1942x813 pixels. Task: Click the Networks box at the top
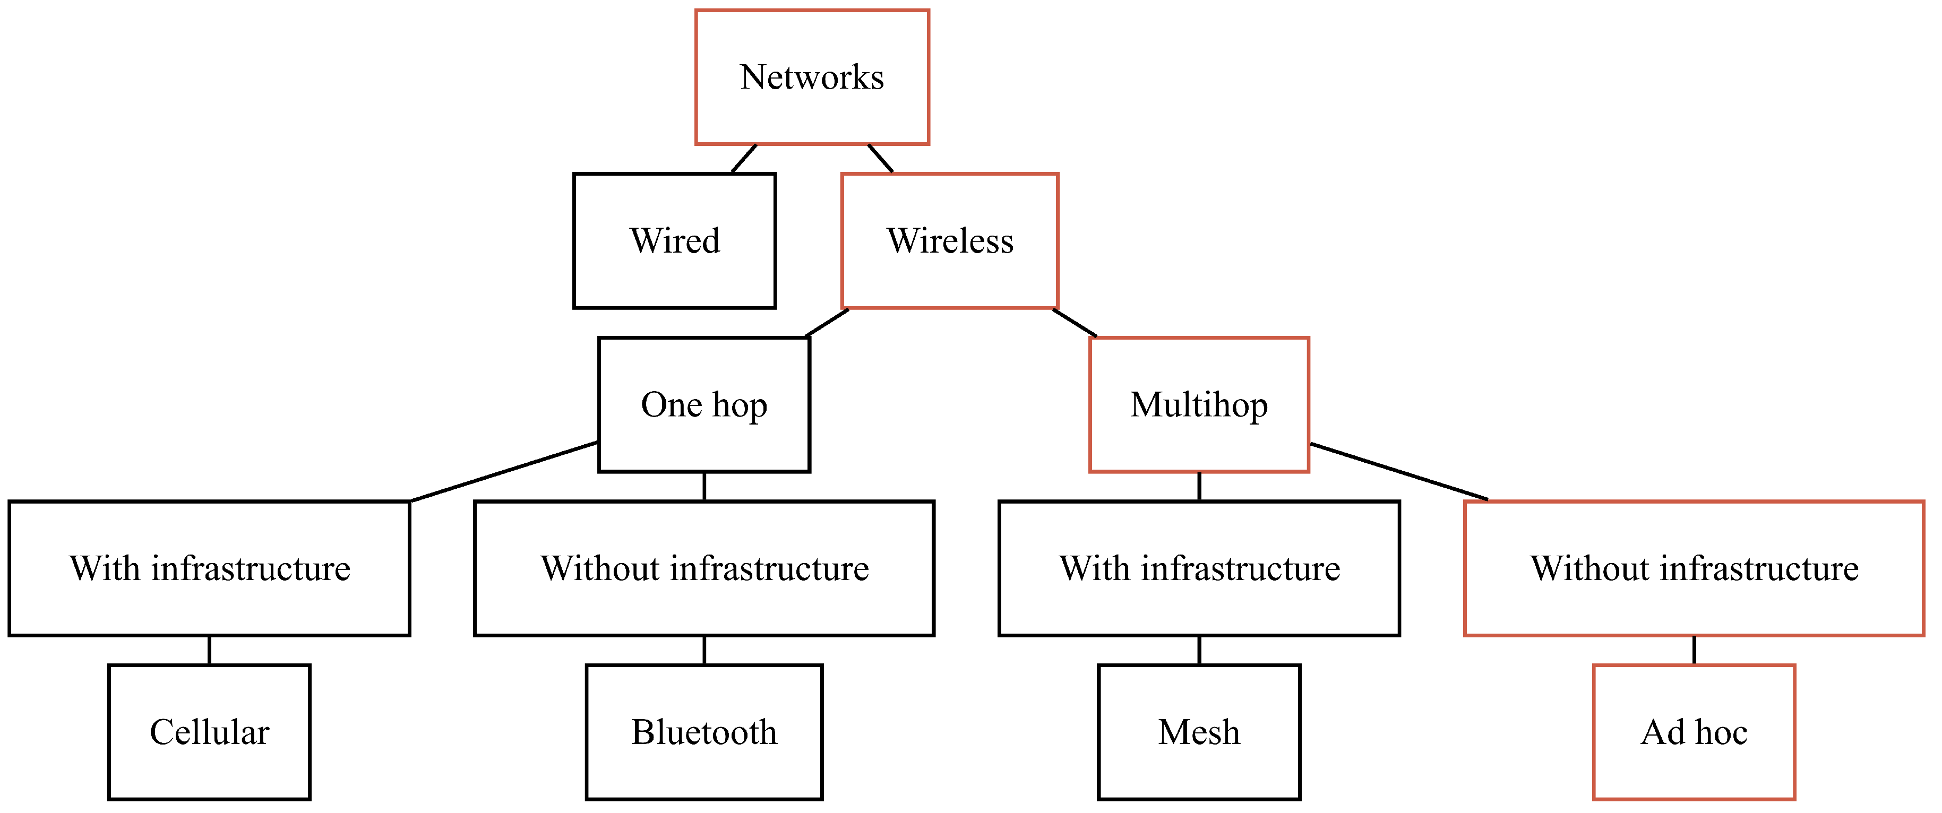[812, 77]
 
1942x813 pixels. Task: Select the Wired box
[674, 241]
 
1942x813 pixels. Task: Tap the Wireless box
[949, 241]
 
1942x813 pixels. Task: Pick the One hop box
[703, 404]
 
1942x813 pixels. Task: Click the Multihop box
[1199, 404]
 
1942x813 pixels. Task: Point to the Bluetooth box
[703, 732]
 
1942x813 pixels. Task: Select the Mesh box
[1199, 732]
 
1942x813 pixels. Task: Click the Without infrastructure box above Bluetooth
[703, 568]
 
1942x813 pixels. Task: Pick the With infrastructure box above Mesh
[1199, 568]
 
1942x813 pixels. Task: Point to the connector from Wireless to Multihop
[1075, 323]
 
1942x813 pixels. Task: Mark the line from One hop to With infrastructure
[504, 472]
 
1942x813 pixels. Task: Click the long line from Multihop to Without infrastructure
[1398, 472]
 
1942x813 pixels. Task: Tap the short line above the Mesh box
[1199, 650]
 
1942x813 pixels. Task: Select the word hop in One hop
[740, 406]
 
